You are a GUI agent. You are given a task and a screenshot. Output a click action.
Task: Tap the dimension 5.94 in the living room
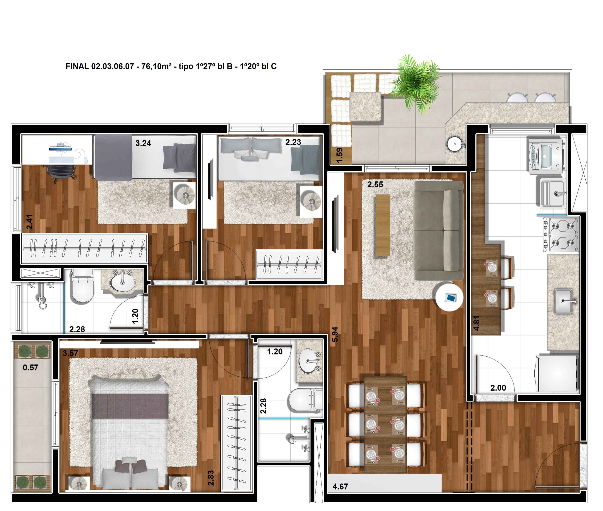coord(334,334)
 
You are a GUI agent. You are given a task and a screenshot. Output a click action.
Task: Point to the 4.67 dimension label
coord(340,487)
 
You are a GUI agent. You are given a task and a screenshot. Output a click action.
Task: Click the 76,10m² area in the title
coord(156,66)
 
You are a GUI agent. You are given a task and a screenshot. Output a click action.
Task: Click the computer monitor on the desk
coord(60,149)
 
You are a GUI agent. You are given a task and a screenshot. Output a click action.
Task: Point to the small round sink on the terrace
coord(454,144)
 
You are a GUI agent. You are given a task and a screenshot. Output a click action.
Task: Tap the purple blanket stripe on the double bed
coord(130,406)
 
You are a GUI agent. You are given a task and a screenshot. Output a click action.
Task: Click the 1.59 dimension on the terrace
coord(339,155)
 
